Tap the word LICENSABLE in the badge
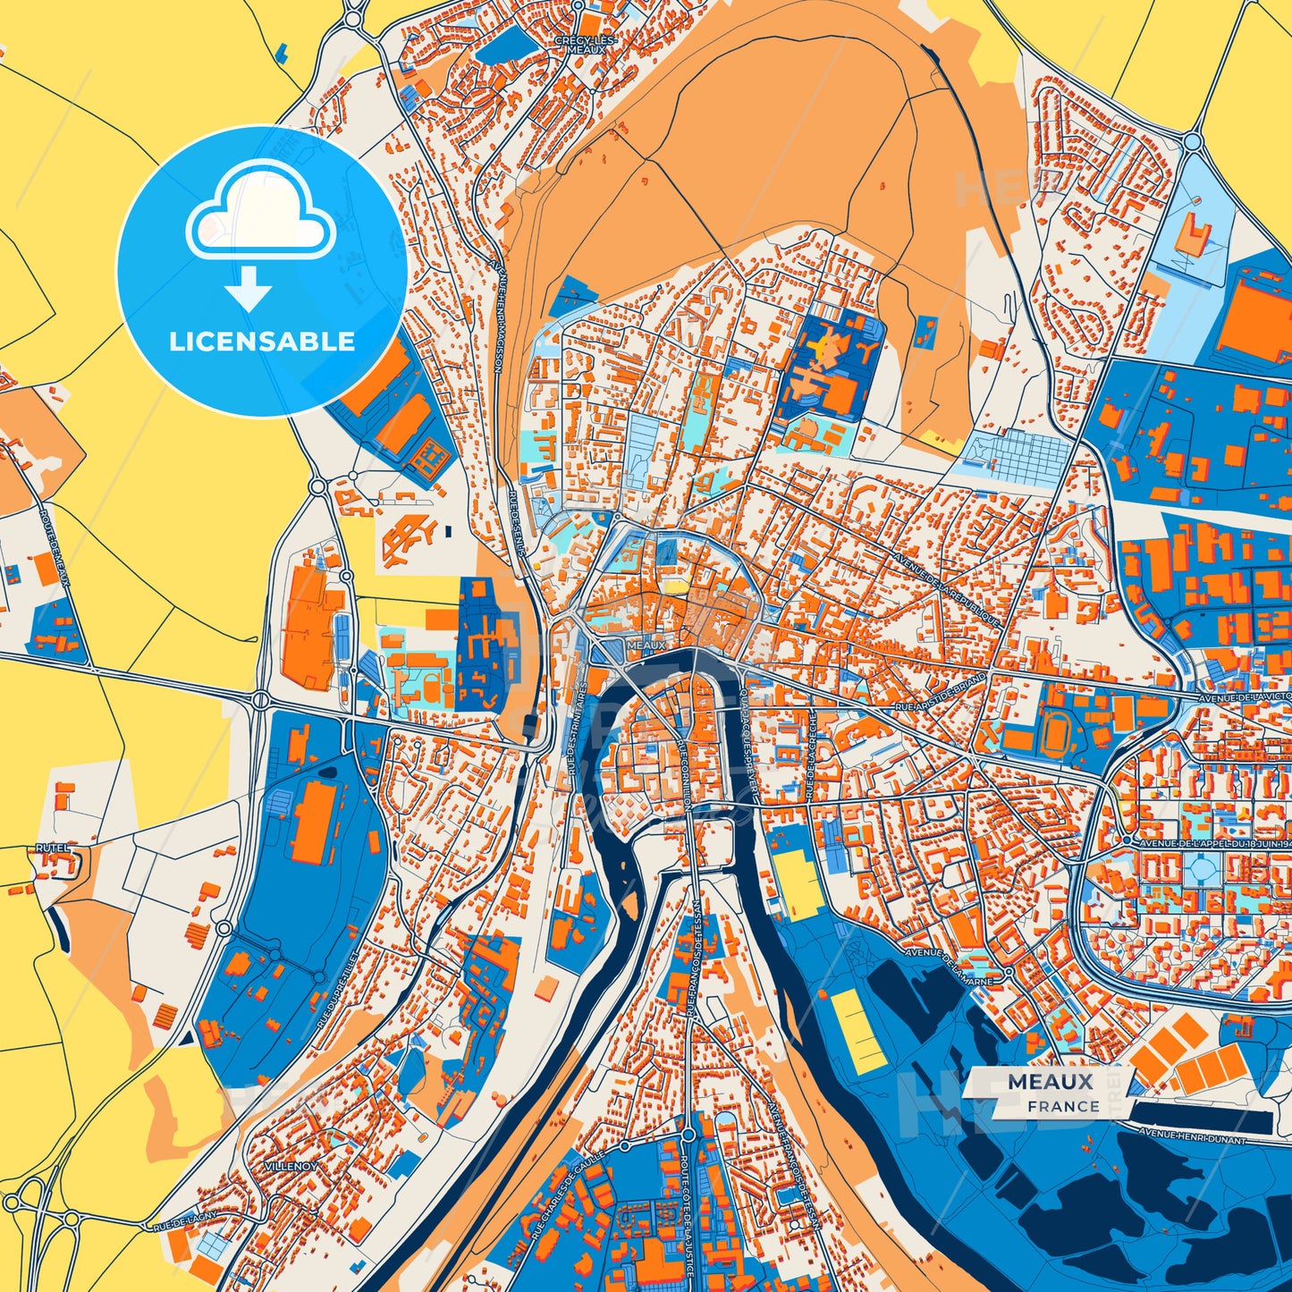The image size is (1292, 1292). [262, 342]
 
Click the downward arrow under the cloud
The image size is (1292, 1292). [249, 288]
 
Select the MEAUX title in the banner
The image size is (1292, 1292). [1051, 1081]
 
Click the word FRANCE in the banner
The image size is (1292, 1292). [1063, 1106]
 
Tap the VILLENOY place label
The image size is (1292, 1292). [291, 1167]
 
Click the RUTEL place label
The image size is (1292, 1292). [53, 846]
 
